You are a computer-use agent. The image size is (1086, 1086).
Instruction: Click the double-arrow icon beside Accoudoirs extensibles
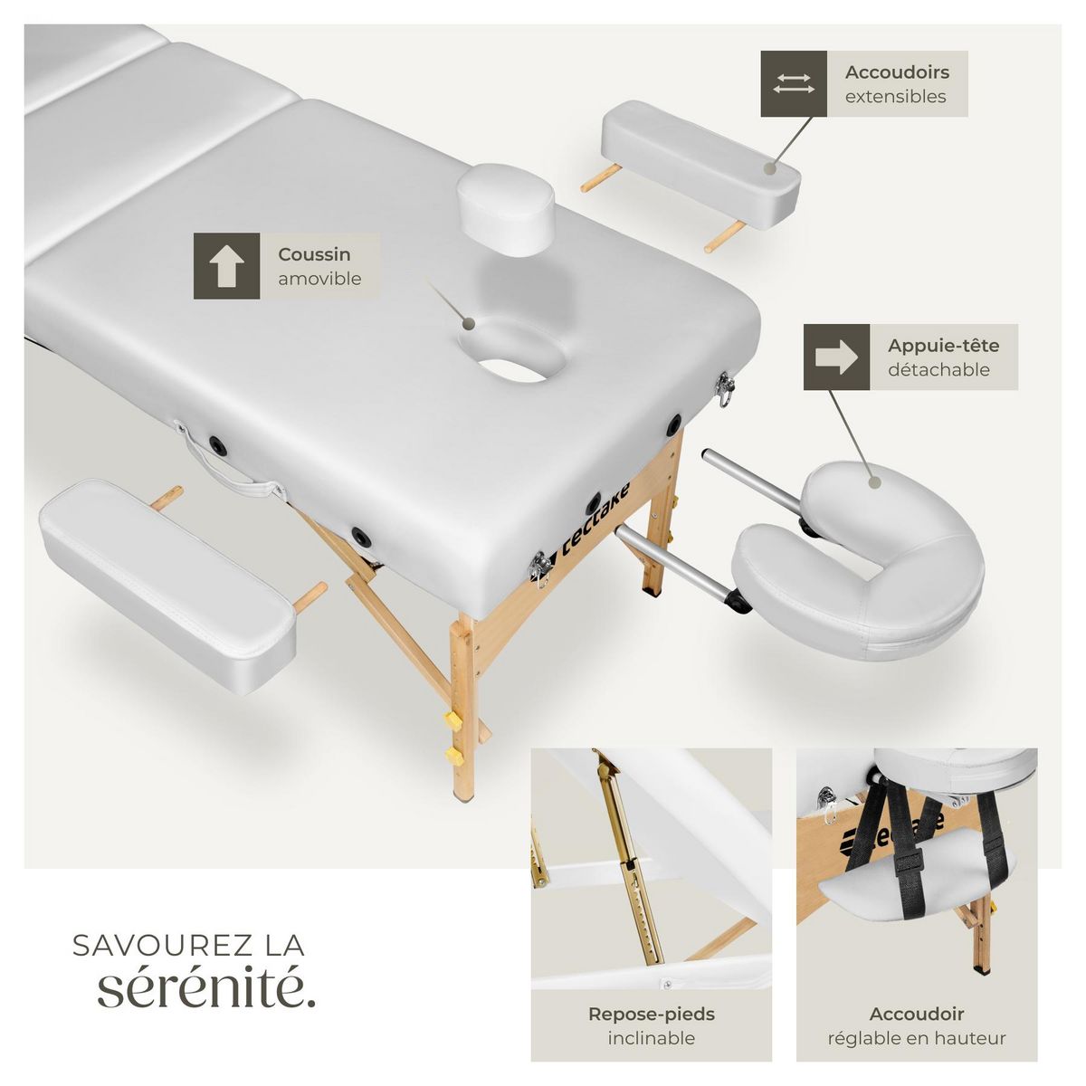pyautogui.click(x=794, y=84)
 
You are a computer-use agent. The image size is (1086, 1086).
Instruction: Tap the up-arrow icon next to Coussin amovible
pyautogui.click(x=226, y=266)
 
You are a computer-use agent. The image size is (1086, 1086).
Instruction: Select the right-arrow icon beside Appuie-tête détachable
pyautogui.click(x=836, y=357)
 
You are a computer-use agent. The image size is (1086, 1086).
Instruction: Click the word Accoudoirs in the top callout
pyautogui.click(x=897, y=72)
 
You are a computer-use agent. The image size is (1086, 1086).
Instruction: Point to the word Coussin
pyautogui.click(x=314, y=254)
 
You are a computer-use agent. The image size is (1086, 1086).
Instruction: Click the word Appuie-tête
pyautogui.click(x=943, y=346)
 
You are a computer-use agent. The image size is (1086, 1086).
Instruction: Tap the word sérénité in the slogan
pyautogui.click(x=206, y=988)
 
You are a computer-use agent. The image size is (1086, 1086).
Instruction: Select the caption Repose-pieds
pyautogui.click(x=651, y=1015)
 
